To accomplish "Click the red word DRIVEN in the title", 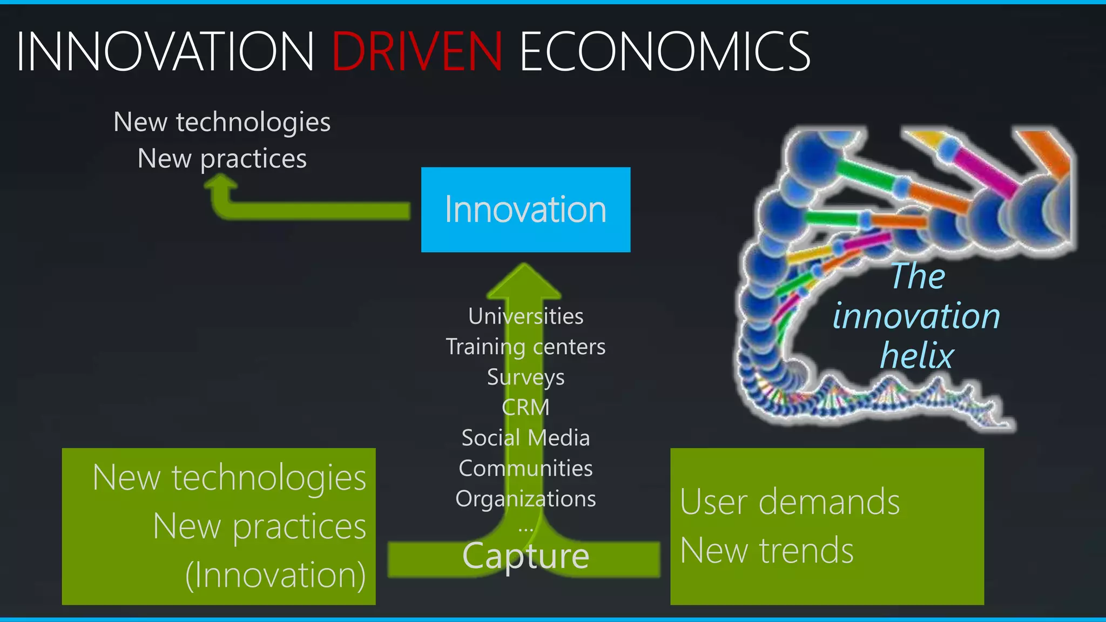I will pyautogui.click(x=417, y=51).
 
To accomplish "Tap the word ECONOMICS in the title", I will pyautogui.click(x=664, y=51).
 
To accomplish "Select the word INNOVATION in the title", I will pyautogui.click(x=165, y=51).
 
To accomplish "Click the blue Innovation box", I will pyautogui.click(x=525, y=209).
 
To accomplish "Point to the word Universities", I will pyautogui.click(x=525, y=316).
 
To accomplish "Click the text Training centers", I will pyautogui.click(x=525, y=347).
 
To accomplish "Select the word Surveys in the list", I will pyautogui.click(x=525, y=377).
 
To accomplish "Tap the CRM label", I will pyautogui.click(x=525, y=407).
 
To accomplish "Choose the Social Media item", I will pyautogui.click(x=525, y=438).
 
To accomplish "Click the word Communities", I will pyautogui.click(x=525, y=468).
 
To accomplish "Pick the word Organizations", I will pyautogui.click(x=525, y=499).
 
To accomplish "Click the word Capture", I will pyautogui.click(x=525, y=556).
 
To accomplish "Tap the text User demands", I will pyautogui.click(x=790, y=502).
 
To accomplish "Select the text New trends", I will pyautogui.click(x=767, y=551).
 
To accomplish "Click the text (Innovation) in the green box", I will pyautogui.click(x=275, y=575).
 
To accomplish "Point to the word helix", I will pyautogui.click(x=917, y=356).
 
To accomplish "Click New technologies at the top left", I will pyautogui.click(x=222, y=122).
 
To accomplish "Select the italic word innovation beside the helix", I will pyautogui.click(x=916, y=316).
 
